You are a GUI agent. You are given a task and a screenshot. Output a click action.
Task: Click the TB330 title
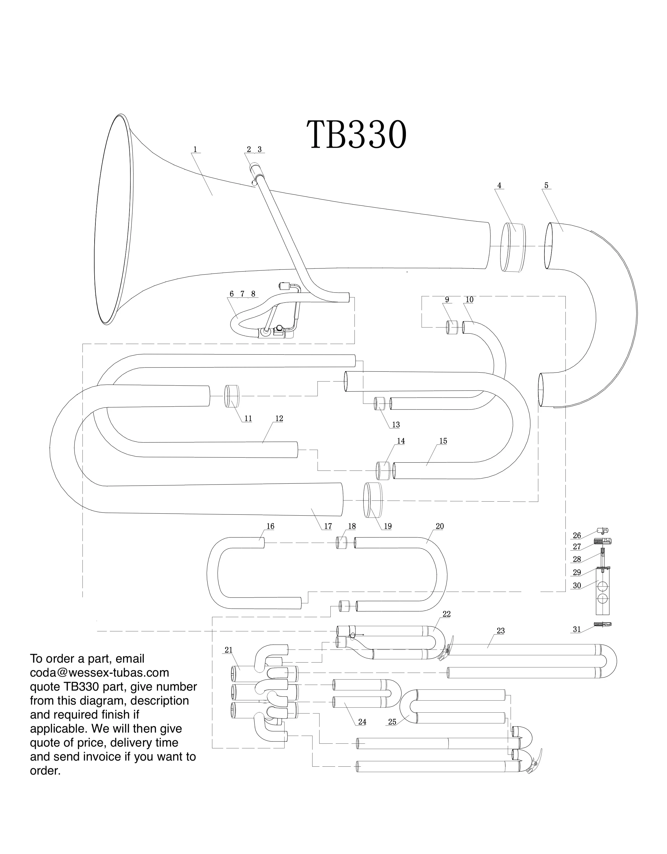tap(356, 135)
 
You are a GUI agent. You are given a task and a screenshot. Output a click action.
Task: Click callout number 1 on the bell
tap(195, 149)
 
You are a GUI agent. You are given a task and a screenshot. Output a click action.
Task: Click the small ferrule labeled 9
tap(452, 327)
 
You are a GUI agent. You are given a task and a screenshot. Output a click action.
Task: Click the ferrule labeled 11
tap(232, 396)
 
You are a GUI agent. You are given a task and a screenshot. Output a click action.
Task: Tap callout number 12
tap(279, 418)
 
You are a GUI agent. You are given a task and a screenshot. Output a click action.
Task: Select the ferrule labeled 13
tap(380, 404)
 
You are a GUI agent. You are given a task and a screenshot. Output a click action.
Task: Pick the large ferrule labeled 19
tap(373, 500)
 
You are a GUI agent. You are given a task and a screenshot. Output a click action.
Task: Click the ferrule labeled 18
tap(342, 543)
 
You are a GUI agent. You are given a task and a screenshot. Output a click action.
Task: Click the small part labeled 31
tap(602, 625)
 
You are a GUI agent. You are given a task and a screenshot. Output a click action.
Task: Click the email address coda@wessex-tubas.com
tap(100, 673)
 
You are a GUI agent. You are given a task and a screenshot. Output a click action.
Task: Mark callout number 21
tap(229, 650)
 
